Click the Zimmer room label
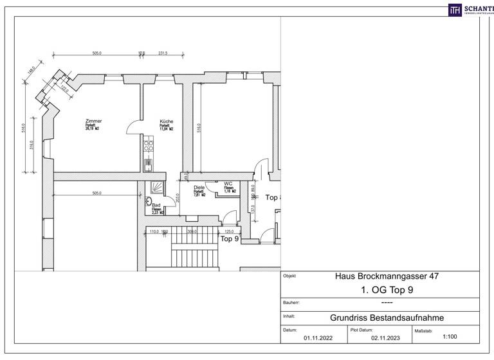coord(93,121)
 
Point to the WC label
coord(228,183)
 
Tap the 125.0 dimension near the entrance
coord(228,231)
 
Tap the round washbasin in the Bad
coord(149,200)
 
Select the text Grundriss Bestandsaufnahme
coord(382,317)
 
